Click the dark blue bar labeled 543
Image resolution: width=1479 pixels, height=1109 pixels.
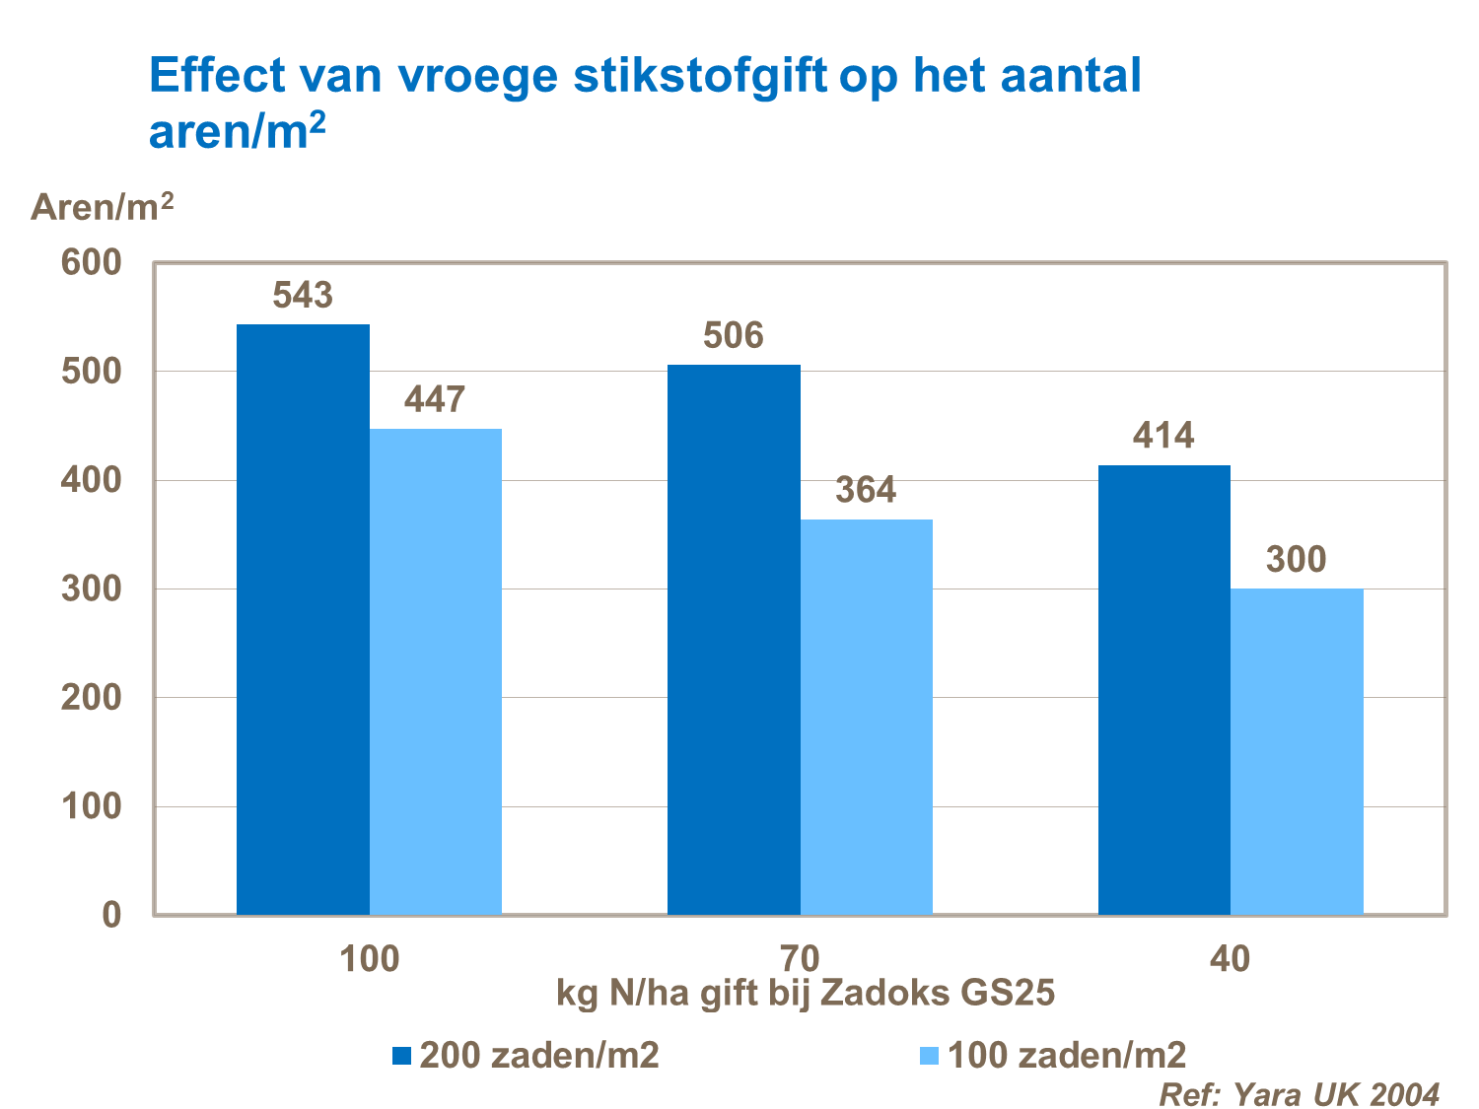tap(303, 619)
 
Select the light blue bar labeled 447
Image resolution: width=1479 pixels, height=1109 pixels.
tap(435, 671)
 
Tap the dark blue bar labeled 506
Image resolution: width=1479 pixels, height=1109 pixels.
tap(734, 640)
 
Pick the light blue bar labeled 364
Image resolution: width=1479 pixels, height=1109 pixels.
tap(866, 717)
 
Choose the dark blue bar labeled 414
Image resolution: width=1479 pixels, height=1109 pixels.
tap(1163, 690)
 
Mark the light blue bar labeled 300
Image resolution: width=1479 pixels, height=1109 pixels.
tap(1297, 751)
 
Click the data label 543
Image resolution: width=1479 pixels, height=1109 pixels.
tap(303, 295)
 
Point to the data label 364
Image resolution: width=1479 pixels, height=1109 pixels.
tap(866, 490)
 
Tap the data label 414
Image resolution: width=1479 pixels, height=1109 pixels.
tap(1163, 436)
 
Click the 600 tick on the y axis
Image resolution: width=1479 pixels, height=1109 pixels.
tap(91, 263)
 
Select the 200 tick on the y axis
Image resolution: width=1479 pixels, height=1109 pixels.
tap(91, 698)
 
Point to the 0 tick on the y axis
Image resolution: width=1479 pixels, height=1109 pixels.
tap(110, 915)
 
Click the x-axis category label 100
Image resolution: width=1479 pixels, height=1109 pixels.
tap(369, 958)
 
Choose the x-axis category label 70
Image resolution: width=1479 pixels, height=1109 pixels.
tap(800, 958)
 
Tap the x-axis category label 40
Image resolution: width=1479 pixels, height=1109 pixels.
tap(1230, 958)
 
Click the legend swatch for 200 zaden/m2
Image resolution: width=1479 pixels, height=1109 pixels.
tap(401, 1056)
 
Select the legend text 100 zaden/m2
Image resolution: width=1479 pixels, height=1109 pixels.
tap(1066, 1056)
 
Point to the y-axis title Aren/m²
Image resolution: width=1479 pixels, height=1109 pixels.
tap(103, 207)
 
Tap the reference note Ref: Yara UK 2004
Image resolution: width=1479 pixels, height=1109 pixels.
tap(1298, 1093)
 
